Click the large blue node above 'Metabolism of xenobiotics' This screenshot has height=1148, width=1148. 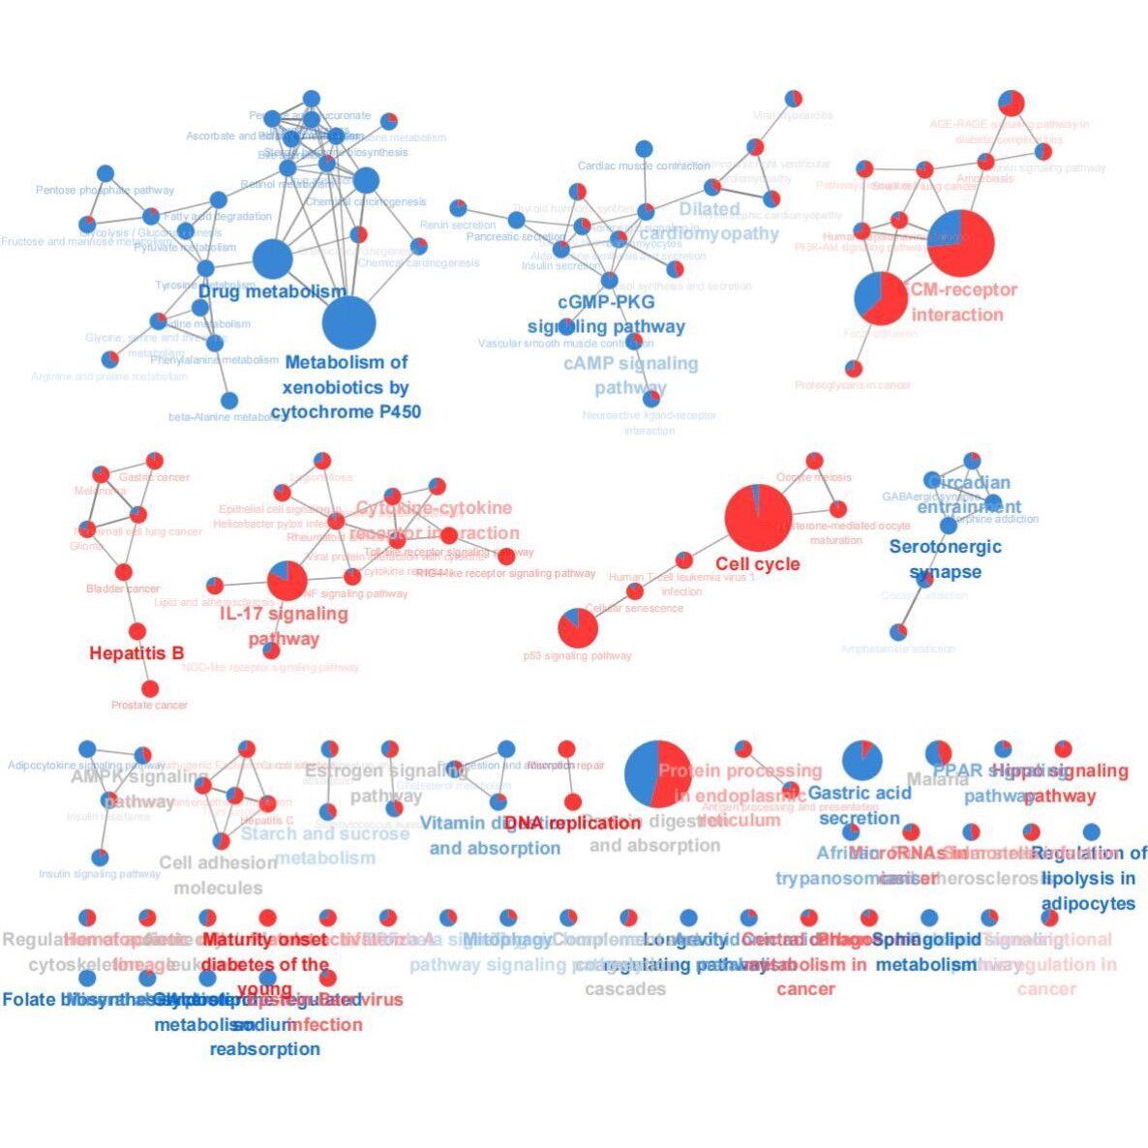[x=347, y=323]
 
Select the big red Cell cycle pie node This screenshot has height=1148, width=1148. [x=758, y=518]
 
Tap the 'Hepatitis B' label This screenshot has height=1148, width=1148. [x=136, y=653]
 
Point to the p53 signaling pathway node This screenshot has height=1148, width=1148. [x=578, y=629]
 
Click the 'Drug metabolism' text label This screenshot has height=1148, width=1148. [x=272, y=291]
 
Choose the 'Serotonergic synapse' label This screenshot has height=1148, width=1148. [x=945, y=559]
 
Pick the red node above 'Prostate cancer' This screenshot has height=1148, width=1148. [x=150, y=688]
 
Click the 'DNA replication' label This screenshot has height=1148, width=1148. [x=572, y=823]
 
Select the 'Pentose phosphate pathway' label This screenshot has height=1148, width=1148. [x=105, y=191]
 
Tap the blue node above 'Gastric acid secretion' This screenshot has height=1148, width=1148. [x=861, y=760]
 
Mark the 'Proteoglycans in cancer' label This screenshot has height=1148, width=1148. [x=853, y=385]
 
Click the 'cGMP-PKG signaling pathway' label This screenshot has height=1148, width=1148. [x=607, y=315]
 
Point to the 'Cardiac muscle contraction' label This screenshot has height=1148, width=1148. [x=644, y=166]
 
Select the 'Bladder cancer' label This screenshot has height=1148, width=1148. [x=123, y=589]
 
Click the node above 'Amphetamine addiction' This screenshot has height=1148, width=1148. [x=898, y=632]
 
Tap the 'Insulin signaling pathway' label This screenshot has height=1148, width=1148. [x=100, y=874]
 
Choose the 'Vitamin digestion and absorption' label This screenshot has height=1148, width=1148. [x=495, y=835]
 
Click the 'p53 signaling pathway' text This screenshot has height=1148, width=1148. [x=578, y=656]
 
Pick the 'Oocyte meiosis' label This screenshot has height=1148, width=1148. [x=814, y=477]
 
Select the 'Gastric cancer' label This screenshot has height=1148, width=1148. [x=155, y=477]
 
